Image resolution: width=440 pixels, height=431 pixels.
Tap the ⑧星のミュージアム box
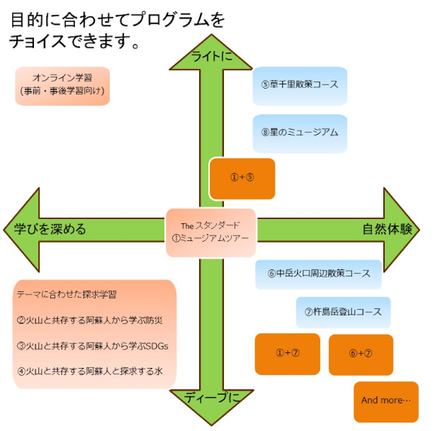300,133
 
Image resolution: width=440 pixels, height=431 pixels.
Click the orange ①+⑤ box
242,178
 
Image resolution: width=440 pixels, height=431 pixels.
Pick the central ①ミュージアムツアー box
211,232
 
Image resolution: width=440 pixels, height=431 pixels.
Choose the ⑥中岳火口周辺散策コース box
319,274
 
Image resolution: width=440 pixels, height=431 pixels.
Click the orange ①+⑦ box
287,354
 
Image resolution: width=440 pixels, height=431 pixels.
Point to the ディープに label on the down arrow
211,397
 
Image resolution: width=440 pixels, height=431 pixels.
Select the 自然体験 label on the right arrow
387,229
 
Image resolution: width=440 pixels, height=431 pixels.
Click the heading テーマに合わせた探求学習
67,294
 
